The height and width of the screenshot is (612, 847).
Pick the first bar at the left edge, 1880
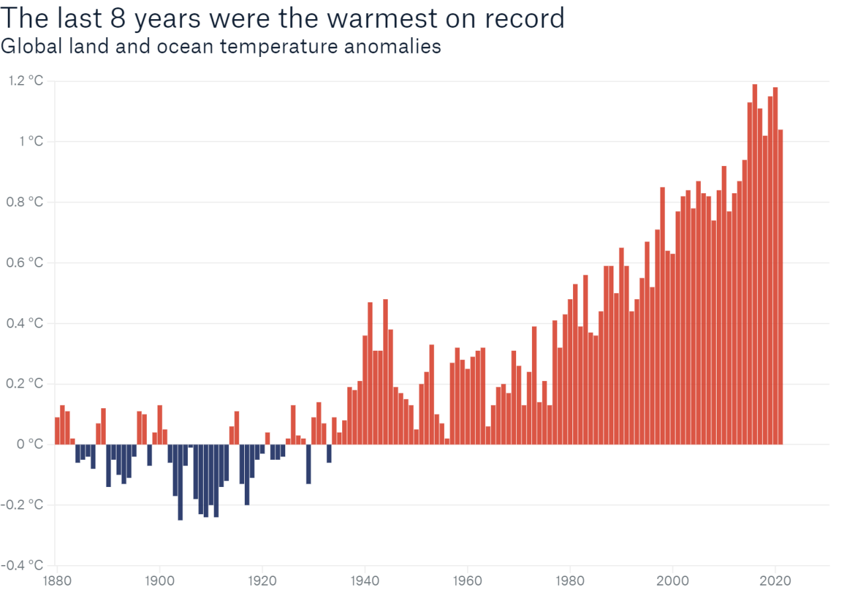pyautogui.click(x=58, y=431)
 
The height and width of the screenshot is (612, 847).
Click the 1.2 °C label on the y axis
pyautogui.click(x=26, y=81)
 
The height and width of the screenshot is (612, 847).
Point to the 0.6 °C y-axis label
pyautogui.click(x=26, y=263)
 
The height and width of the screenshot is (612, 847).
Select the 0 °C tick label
pyautogui.click(x=30, y=444)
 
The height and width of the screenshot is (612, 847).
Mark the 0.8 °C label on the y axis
pyautogui.click(x=26, y=202)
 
